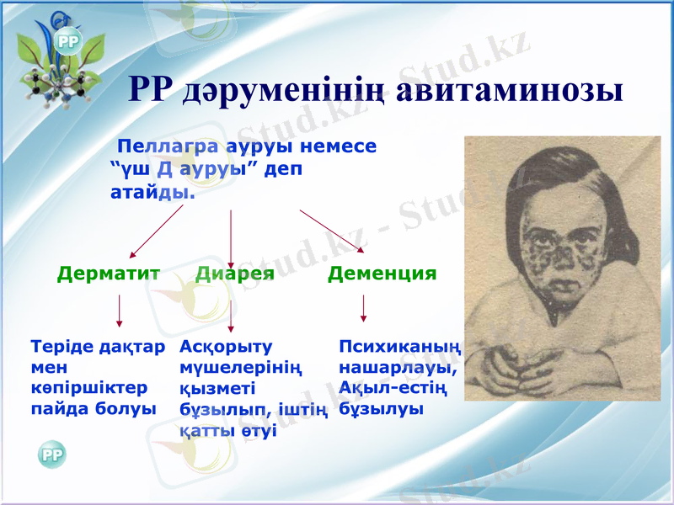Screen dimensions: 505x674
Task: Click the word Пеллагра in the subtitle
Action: pos(158,146)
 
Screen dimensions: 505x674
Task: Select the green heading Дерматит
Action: pos(109,274)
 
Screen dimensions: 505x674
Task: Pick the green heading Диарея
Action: pos(235,274)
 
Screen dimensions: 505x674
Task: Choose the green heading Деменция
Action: pos(382,274)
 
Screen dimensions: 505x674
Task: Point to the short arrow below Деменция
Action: pos(363,308)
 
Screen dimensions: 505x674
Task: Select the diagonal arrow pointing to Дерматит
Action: pos(156,231)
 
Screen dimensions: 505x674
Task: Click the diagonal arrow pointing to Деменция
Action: pos(331,230)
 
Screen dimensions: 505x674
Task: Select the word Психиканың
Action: pos(399,346)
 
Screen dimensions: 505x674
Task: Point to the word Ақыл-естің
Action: pos(392,389)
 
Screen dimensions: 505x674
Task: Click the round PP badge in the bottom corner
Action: pos(51,454)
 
